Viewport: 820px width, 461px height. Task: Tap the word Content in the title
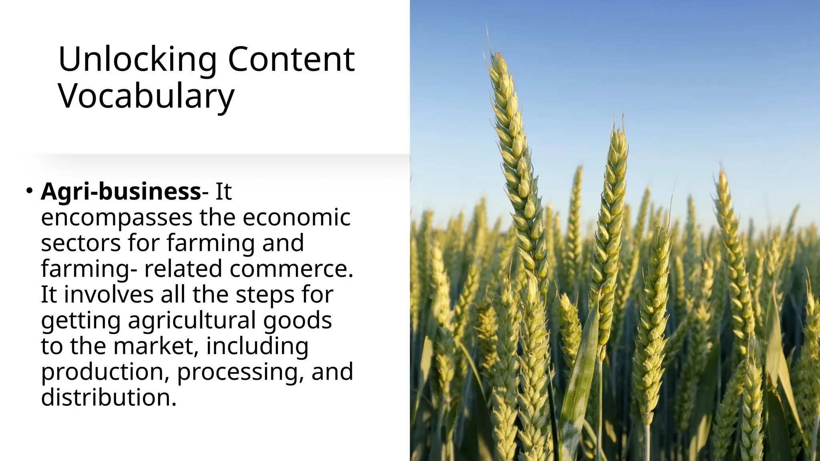pyautogui.click(x=291, y=60)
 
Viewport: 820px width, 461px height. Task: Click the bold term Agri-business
pyautogui.click(x=121, y=191)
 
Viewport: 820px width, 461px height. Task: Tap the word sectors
pyautogui.click(x=80, y=243)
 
